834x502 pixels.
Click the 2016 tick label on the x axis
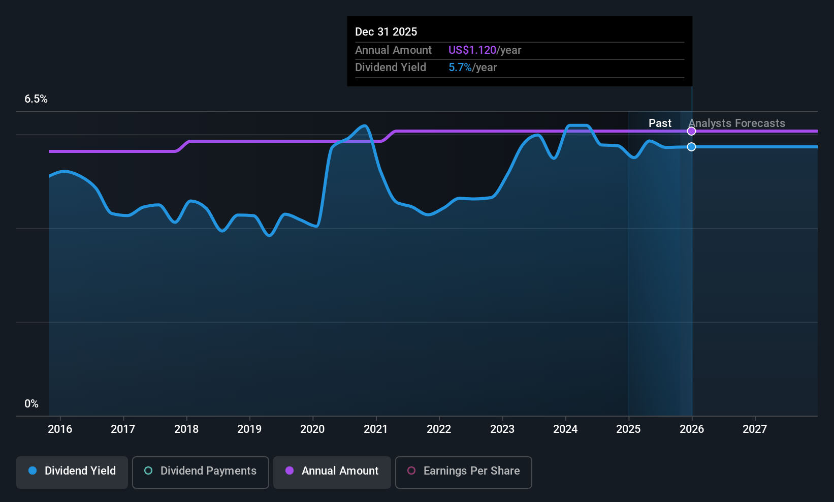60,429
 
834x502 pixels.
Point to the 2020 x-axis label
312,429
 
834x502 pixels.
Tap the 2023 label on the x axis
502,429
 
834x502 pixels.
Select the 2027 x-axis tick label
755,429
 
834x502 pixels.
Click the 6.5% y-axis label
36,99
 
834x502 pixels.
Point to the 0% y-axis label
31,404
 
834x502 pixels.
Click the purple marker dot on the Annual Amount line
691,131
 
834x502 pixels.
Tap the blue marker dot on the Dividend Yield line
691,147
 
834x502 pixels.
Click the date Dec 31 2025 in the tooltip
386,32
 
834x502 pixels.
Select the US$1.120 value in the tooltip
472,50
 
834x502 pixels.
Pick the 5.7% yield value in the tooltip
460,68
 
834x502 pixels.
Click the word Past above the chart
660,123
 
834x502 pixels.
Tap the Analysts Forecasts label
736,123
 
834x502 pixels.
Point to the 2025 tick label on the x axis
628,429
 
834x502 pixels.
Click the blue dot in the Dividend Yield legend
33,471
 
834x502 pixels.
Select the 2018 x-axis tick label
186,429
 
